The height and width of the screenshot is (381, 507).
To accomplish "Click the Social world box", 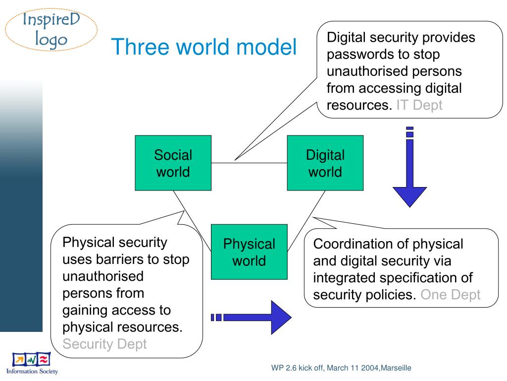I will point(173,163).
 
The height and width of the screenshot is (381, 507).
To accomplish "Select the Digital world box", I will point(325,163).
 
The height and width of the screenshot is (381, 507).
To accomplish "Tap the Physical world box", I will point(249,252).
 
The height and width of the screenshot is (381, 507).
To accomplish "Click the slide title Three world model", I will point(203,47).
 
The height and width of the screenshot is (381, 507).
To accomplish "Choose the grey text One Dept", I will point(450,295).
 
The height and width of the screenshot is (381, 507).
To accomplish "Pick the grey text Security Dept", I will point(105,344).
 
